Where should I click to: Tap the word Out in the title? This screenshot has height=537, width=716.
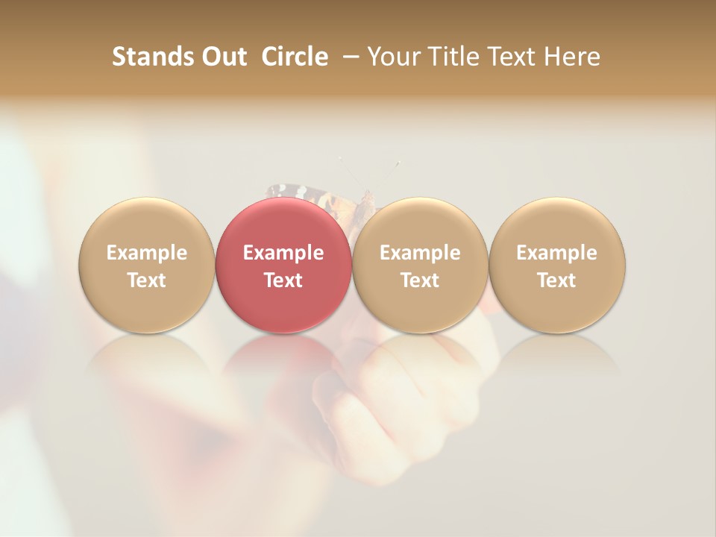click(x=222, y=57)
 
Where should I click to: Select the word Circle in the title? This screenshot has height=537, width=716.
click(x=295, y=57)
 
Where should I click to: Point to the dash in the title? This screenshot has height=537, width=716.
click(x=348, y=57)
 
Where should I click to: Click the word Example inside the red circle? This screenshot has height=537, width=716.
click(x=283, y=253)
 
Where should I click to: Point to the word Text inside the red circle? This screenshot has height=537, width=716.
click(x=283, y=280)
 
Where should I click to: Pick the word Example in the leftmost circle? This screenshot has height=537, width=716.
click(x=147, y=253)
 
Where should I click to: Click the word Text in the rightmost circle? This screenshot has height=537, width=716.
click(x=556, y=280)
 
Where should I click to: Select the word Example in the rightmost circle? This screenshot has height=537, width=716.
click(x=556, y=253)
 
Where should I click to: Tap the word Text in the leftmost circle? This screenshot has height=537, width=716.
click(x=147, y=280)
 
